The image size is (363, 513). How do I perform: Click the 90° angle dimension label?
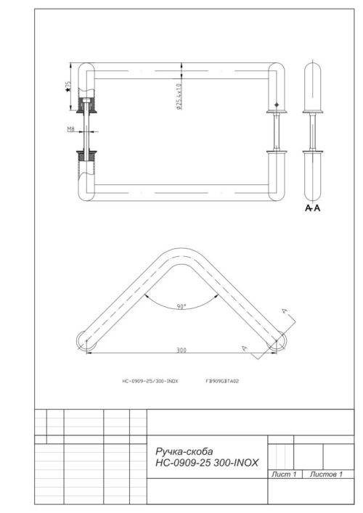(181, 307)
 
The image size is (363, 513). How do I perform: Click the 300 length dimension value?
(181, 350)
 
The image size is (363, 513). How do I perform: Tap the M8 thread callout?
(71, 130)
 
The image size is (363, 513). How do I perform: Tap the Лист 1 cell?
(283, 474)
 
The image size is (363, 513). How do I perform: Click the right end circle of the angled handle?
(277, 340)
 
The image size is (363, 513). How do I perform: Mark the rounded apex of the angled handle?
(181, 254)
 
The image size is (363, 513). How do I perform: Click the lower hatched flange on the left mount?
(86, 155)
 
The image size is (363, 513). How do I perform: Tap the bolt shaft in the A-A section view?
(314, 131)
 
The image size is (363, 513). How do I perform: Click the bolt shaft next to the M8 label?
(86, 131)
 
